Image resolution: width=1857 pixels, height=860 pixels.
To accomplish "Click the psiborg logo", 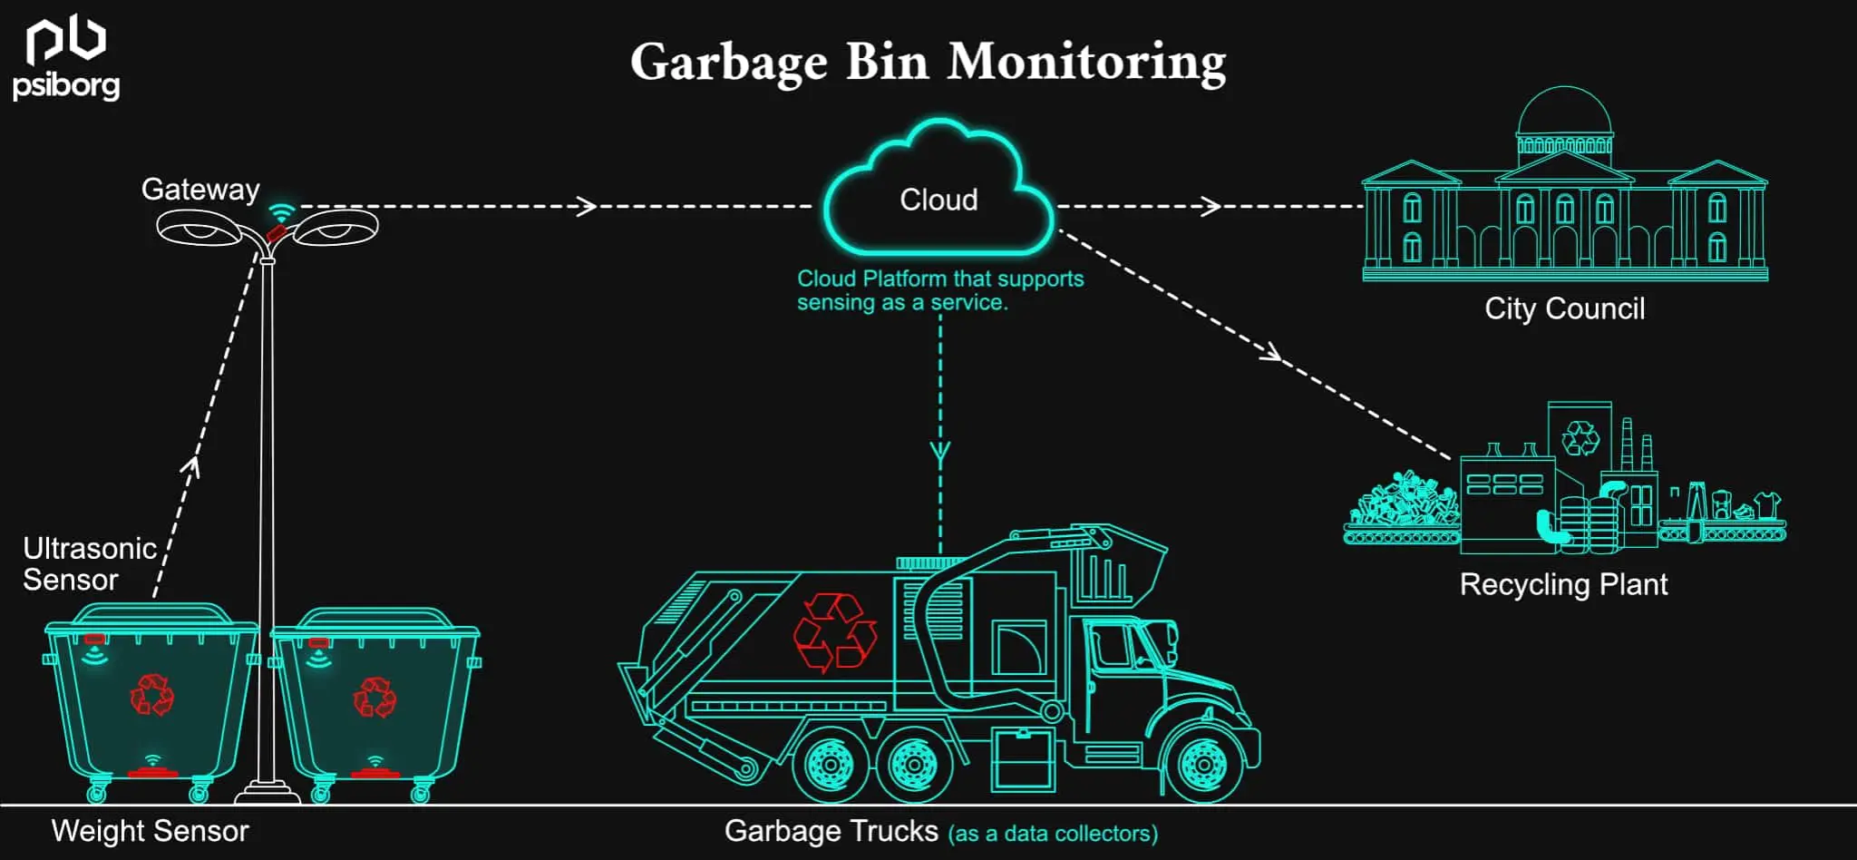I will click(65, 60).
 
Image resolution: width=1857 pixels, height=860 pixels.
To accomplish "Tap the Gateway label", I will click(200, 189).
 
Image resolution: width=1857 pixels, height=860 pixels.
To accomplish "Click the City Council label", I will click(1564, 308).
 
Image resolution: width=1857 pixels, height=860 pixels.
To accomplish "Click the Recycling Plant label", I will click(1563, 584).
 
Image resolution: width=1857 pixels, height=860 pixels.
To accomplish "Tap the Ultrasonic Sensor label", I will click(89, 563).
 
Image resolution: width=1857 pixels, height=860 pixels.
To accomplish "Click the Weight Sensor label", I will click(150, 831).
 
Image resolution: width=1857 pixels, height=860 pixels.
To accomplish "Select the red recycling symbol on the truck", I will click(834, 631).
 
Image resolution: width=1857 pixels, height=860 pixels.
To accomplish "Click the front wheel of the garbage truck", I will click(1203, 764).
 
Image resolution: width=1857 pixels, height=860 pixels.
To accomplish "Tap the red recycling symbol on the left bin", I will click(151, 695).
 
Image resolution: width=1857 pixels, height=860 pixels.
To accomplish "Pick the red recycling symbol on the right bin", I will click(374, 698).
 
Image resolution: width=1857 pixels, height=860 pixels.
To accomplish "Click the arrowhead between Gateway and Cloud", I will click(588, 206).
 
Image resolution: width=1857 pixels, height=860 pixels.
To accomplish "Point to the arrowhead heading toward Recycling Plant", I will click(1272, 353).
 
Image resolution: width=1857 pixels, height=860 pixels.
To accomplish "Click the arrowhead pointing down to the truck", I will click(940, 454).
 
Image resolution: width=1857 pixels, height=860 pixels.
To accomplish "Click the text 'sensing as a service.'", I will click(902, 303).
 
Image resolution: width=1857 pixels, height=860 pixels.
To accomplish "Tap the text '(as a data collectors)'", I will click(1053, 834).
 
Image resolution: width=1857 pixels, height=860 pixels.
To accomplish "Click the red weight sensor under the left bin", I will click(152, 773).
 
